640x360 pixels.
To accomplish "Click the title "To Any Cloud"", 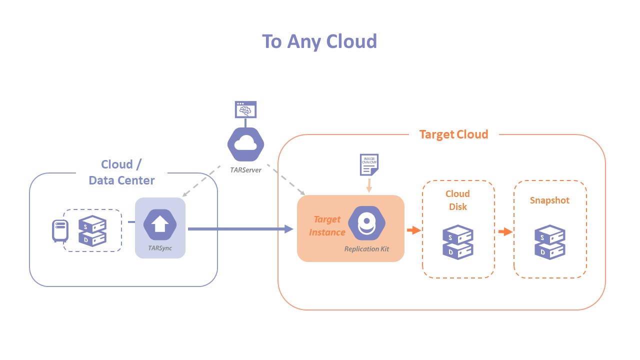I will point(319,41).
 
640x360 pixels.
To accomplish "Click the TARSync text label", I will point(160,248).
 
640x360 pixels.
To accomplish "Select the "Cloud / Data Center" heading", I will point(121,172).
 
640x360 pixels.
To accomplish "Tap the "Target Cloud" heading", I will point(453,134).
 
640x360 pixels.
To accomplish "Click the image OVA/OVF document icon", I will point(369,165).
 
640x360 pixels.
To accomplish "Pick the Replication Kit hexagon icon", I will point(366,223).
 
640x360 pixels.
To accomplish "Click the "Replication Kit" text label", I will point(366,248).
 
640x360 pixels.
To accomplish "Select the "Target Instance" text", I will point(327,225).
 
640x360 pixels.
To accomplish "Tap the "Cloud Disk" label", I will point(458,199).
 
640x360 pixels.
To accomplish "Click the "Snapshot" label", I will point(549,200).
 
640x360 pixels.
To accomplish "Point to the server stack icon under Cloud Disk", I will point(458,242).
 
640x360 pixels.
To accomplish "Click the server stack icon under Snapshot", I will point(550,242).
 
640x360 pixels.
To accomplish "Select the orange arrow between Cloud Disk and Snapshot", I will point(505,231).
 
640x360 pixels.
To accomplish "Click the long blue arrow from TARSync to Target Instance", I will point(240,229).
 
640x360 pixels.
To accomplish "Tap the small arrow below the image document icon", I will point(369,186).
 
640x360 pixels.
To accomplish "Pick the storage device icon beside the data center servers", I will point(60,230).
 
